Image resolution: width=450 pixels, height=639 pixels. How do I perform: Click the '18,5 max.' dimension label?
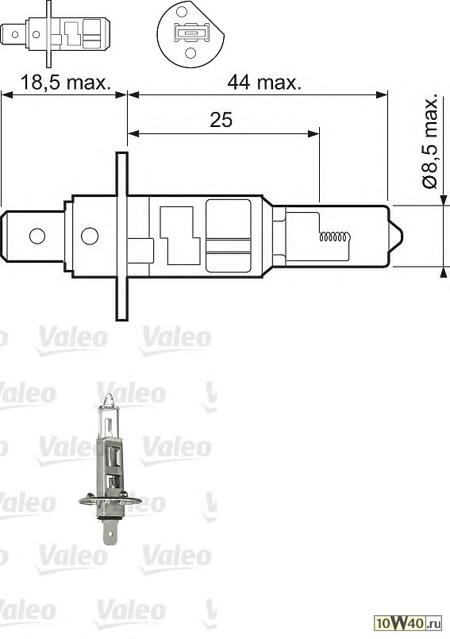64,82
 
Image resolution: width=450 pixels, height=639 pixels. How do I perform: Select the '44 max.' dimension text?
263,82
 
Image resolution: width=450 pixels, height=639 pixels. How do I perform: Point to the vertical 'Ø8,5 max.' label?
430,143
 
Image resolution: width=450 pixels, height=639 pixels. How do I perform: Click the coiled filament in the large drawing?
334,237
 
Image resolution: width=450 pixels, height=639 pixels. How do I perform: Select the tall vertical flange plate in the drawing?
121,236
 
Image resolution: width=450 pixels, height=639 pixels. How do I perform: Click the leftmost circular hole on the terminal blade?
37,236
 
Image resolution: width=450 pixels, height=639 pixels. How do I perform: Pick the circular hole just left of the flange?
90,236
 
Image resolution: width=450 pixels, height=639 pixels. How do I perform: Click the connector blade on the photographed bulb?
110,529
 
